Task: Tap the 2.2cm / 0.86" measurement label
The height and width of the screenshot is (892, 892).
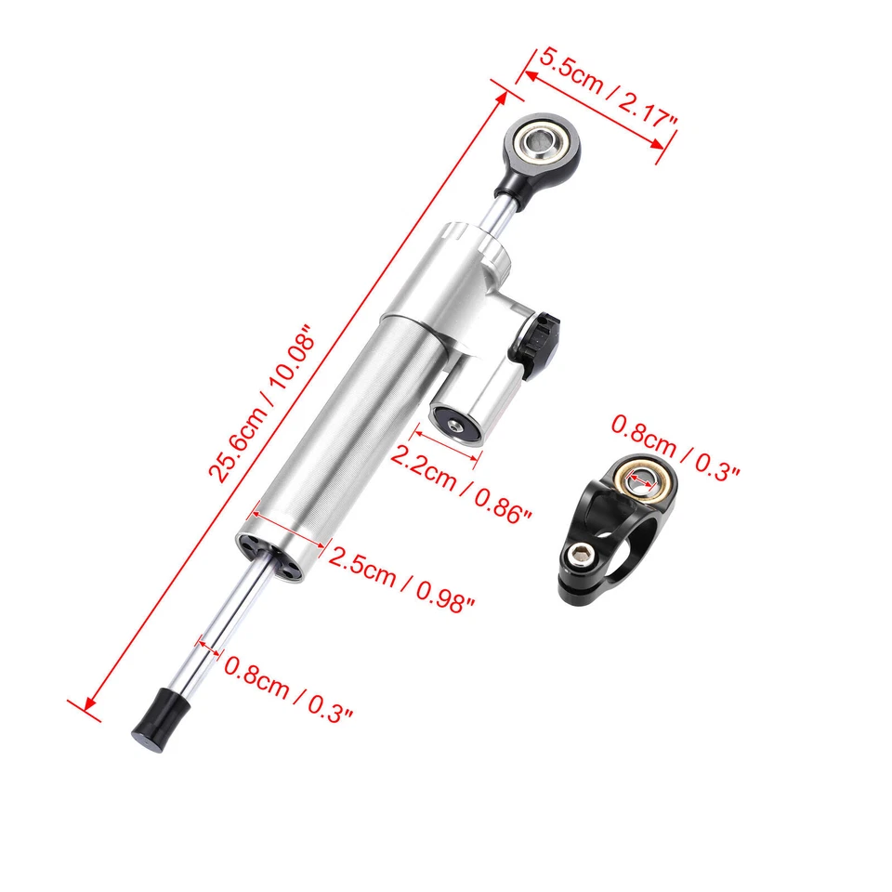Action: click(461, 481)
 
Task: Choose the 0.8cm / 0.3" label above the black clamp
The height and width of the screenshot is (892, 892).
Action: click(675, 449)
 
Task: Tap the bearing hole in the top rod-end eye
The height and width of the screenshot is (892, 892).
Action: click(541, 145)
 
